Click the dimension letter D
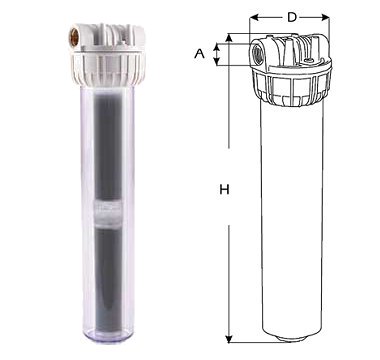292,17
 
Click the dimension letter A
199,53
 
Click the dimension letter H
224,190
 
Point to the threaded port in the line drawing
258,52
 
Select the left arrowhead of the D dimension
254,17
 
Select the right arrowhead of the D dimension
325,17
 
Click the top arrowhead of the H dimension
229,38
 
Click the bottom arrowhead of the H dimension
229,338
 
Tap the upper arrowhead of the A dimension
217,47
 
